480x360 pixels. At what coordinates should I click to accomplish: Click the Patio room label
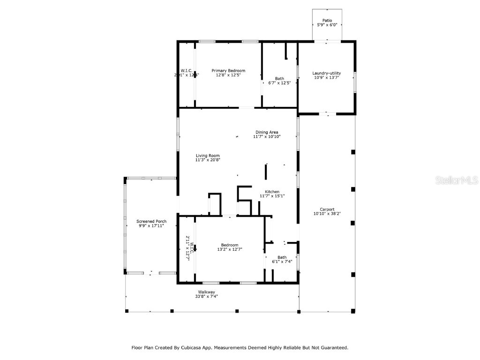coord(327,21)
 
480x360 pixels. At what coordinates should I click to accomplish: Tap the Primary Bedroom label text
coord(228,71)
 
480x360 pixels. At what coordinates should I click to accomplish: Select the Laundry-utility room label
coord(326,73)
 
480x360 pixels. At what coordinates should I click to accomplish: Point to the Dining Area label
coord(267,132)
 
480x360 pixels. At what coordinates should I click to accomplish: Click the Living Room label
coord(207,156)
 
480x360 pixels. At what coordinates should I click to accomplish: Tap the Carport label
coord(327,210)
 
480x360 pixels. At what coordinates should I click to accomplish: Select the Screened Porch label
coord(151,221)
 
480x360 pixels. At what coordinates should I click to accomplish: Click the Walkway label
coord(206,292)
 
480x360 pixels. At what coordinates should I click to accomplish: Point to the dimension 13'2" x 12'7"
coord(230,249)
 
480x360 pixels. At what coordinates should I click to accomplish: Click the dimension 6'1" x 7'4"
coord(282,262)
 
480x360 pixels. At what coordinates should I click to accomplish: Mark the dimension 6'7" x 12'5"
coord(279,83)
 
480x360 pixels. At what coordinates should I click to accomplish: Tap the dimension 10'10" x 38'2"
coord(327,214)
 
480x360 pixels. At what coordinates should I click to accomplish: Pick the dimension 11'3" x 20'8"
coord(207,160)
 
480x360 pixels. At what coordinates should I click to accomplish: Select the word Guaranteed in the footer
coord(331,348)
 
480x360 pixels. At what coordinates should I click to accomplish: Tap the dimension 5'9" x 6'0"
coord(327,25)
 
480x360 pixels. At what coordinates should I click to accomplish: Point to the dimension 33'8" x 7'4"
coord(206,296)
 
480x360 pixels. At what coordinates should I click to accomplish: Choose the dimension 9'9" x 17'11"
coord(151,225)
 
